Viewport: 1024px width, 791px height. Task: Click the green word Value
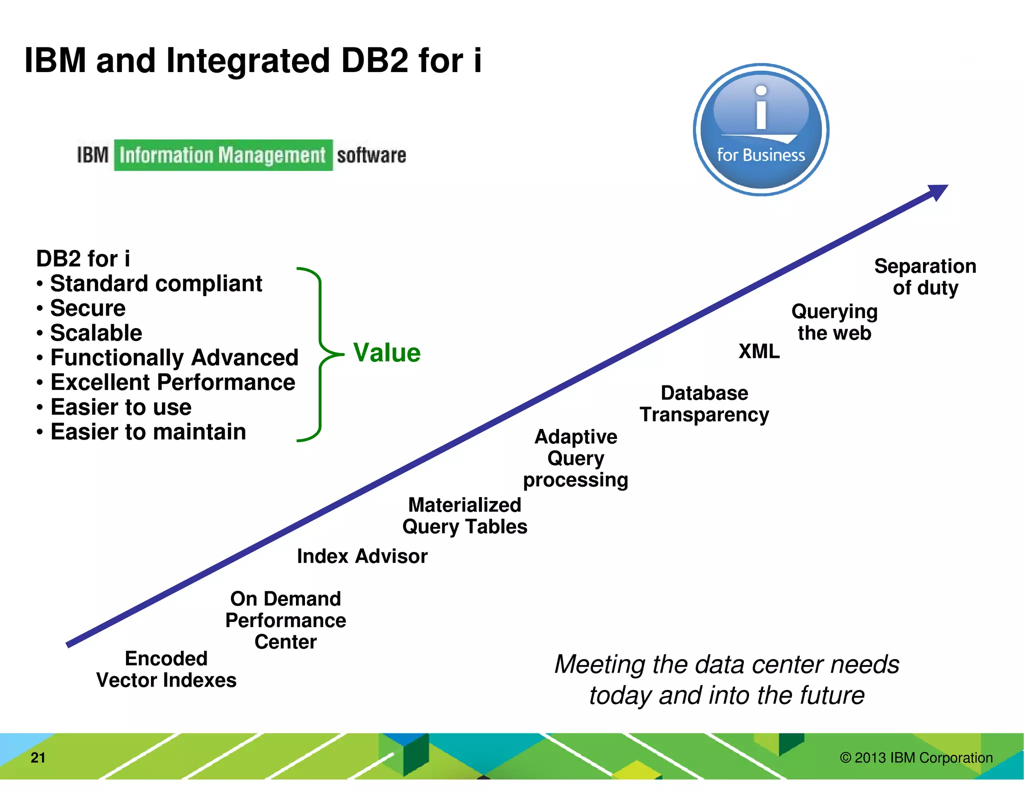coord(386,352)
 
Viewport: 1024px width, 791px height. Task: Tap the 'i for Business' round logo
coord(760,129)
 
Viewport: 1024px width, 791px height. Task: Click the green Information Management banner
coord(223,155)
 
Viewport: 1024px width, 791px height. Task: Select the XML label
coord(758,351)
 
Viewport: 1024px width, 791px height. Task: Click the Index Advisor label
coord(362,556)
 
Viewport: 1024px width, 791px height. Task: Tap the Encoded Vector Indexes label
coord(166,669)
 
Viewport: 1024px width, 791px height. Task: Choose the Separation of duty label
coord(925,276)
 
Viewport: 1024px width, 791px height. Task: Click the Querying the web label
coord(834,322)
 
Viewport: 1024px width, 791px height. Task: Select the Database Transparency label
coord(704,403)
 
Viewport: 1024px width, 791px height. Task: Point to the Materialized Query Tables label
coord(464,515)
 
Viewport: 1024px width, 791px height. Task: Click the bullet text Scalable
coord(96,333)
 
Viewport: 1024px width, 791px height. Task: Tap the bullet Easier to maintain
coord(148,431)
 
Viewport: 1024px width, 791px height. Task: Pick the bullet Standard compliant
coord(156,283)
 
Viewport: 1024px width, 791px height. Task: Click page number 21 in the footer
coord(38,757)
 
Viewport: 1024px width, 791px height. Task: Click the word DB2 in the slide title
coord(374,60)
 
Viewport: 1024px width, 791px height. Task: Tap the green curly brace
coord(320,354)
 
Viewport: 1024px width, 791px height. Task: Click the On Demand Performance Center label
coord(285,620)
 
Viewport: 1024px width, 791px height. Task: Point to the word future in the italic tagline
coord(832,695)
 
